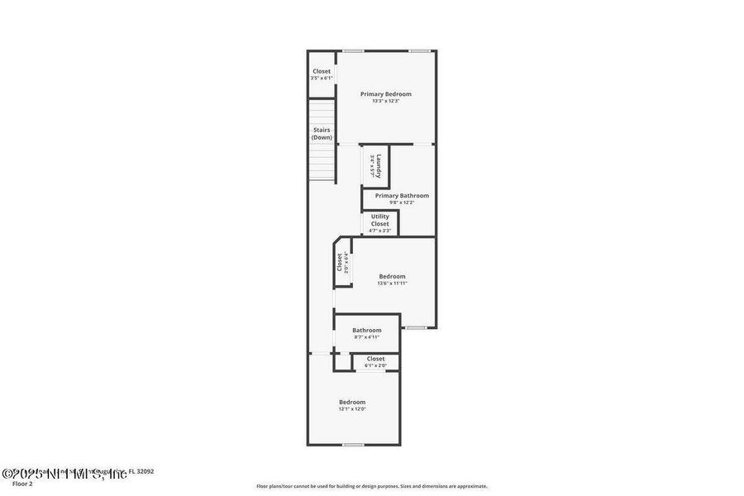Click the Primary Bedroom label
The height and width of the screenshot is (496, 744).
[x=385, y=94]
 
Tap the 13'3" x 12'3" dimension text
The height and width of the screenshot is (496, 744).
[x=385, y=102]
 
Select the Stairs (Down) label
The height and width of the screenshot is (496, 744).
[x=322, y=134]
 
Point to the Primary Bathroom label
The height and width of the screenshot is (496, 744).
[x=402, y=196]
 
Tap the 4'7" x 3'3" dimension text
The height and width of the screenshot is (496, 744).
[x=379, y=231]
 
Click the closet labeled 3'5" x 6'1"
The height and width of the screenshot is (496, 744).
[x=322, y=74]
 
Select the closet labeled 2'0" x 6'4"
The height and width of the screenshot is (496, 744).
[x=341, y=263]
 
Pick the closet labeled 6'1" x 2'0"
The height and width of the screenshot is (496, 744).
[x=375, y=361]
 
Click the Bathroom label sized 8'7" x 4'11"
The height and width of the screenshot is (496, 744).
[x=367, y=330]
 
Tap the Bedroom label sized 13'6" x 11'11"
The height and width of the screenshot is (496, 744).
[x=392, y=276]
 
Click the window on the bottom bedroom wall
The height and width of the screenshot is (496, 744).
[x=353, y=445]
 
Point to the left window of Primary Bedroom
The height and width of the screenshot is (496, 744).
[x=354, y=50]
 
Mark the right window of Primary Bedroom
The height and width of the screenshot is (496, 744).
[x=419, y=50]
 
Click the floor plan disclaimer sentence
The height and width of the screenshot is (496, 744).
[x=371, y=486]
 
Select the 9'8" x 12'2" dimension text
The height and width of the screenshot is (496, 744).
[x=402, y=203]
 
